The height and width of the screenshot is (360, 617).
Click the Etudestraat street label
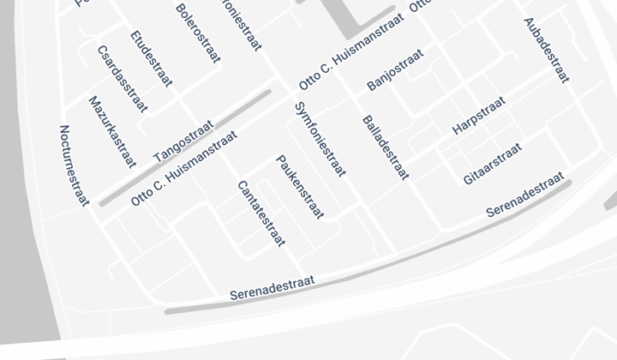(x=151, y=58)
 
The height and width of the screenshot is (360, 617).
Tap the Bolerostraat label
(x=198, y=33)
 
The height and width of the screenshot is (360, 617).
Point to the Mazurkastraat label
(x=112, y=131)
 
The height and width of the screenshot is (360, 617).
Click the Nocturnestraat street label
(x=75, y=165)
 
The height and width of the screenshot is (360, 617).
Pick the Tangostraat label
(x=182, y=143)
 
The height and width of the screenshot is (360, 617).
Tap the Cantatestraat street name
(x=261, y=213)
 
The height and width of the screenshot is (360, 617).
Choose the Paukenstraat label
(x=300, y=187)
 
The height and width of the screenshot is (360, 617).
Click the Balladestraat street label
(x=386, y=147)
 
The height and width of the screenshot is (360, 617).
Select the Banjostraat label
(x=395, y=70)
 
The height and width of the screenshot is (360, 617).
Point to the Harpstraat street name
(x=479, y=116)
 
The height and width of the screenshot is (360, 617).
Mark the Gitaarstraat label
(x=492, y=164)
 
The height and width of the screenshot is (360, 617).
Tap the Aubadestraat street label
(x=546, y=50)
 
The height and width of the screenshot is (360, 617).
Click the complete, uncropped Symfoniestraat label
(x=320, y=139)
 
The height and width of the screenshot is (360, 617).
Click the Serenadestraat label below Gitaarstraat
(x=525, y=195)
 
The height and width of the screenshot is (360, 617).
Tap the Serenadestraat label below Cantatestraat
(x=273, y=287)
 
